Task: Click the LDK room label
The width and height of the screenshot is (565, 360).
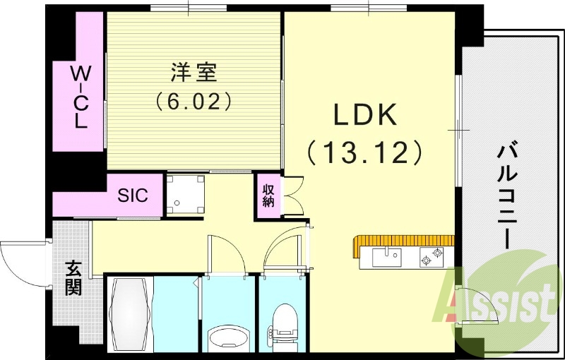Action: (364, 114)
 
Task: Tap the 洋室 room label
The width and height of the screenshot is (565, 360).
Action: (194, 72)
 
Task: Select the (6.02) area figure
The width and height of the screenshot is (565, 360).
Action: (194, 101)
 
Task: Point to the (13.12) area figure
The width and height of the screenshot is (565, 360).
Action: (364, 152)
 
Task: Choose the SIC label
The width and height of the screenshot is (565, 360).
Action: (133, 195)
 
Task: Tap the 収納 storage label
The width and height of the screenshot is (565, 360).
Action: (268, 196)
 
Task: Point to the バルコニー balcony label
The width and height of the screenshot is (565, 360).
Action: (508, 197)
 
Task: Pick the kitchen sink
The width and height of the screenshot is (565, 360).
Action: (386, 257)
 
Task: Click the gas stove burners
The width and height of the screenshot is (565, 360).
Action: (432, 257)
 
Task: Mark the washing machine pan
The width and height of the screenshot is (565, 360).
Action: (186, 194)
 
